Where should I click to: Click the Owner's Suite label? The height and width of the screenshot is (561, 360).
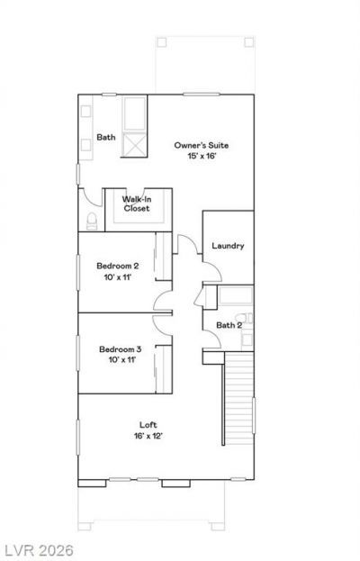pos(202,145)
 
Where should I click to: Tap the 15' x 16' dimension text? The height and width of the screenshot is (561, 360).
pos(202,156)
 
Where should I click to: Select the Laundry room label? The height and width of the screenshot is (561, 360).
pos(228,246)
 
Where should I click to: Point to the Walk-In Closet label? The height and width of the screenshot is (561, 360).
pos(137,204)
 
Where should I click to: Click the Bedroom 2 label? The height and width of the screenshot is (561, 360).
pos(118,266)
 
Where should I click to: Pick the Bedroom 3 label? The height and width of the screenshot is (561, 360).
pos(120,349)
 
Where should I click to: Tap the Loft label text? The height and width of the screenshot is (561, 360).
pos(148,425)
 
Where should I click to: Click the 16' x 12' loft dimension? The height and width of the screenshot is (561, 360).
pos(148,436)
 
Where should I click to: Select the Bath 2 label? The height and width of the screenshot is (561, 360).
pos(229,325)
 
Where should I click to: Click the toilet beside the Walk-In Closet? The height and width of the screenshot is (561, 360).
pos(92,222)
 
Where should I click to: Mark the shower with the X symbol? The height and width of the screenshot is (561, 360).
pos(134,145)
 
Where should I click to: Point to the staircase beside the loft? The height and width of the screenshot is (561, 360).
pos(238,398)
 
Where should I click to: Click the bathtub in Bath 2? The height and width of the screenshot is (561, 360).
pos(236,295)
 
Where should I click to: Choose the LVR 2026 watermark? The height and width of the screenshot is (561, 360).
pos(37,550)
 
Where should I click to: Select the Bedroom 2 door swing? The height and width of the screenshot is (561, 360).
pos(163,301)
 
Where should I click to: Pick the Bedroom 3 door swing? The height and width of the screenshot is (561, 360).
pos(163,325)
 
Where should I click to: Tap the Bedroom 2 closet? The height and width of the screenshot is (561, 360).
pos(164,256)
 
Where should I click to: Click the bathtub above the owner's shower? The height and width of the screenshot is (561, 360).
pos(134,113)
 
